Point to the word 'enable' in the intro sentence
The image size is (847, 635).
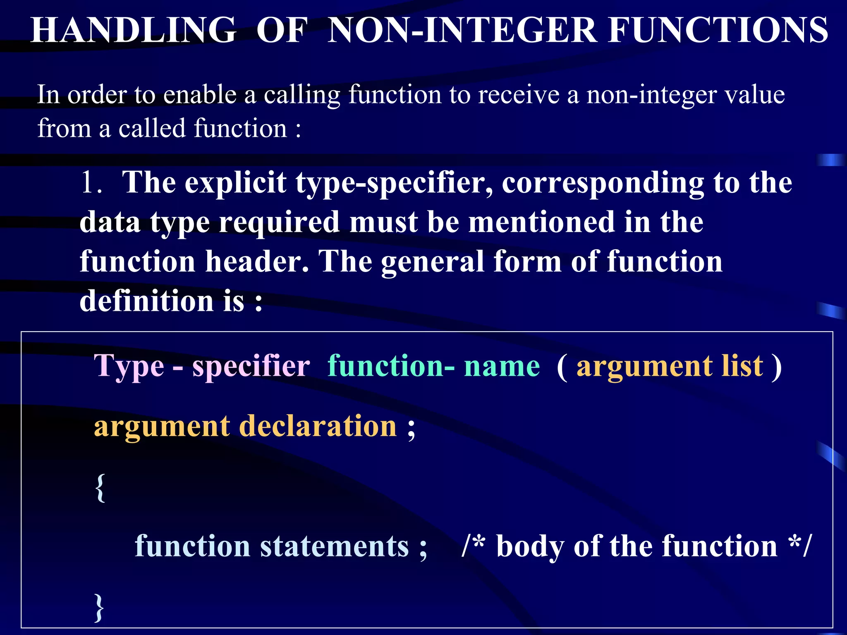point(200,94)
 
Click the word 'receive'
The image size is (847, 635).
point(519,94)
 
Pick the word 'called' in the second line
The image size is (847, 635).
point(152,128)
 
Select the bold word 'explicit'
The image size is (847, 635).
point(235,183)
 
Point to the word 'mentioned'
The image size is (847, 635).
point(542,222)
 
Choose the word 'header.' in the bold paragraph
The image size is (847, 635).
point(257,261)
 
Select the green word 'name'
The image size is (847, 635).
point(502,366)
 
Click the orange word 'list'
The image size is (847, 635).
point(742,366)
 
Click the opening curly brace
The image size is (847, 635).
point(100,488)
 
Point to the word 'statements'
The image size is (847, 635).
point(334,546)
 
